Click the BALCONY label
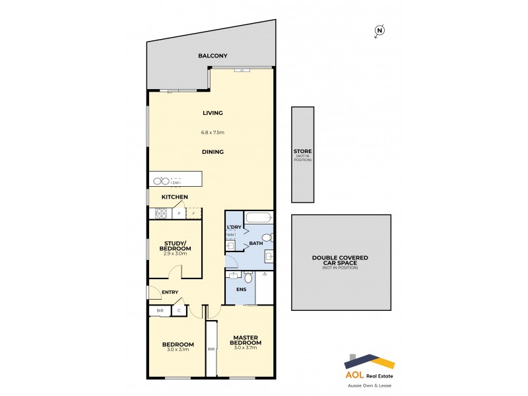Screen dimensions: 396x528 click(210, 56)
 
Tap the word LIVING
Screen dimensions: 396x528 click(213, 113)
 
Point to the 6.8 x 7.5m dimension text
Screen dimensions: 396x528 click(213, 132)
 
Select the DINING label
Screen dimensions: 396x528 click(213, 152)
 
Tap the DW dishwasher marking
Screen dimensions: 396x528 click(176, 183)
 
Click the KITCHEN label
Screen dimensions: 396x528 click(175, 197)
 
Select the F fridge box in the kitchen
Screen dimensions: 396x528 click(193, 213)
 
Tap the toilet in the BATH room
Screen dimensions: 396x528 click(266, 238)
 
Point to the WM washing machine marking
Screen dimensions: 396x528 click(230, 234)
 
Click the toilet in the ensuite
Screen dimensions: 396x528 click(248, 277)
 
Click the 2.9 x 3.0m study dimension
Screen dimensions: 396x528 click(175, 253)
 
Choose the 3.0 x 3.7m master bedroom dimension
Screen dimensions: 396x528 click(246, 348)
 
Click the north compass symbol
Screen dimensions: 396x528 click(379, 30)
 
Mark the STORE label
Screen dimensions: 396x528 click(303, 152)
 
